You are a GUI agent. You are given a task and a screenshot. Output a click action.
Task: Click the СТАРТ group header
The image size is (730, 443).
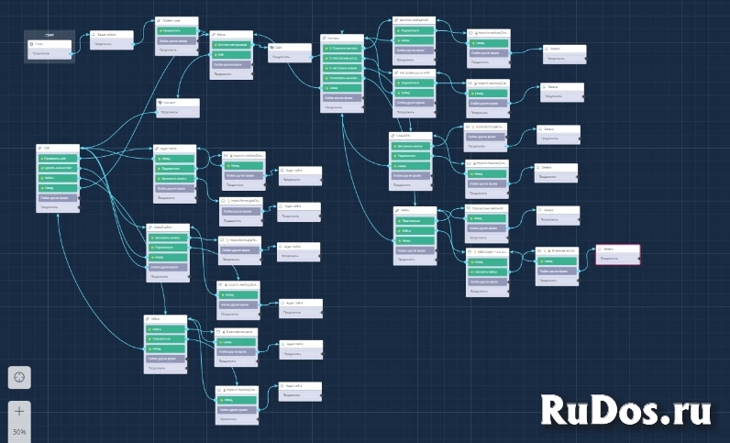(49, 34)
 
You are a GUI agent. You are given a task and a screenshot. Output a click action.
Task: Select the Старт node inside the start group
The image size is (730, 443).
(51, 43)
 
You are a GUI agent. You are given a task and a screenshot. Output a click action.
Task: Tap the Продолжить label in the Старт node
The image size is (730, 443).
(41, 53)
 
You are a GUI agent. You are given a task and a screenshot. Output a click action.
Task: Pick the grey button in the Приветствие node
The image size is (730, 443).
(175, 41)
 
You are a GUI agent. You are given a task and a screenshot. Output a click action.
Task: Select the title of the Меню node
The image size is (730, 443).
(231, 35)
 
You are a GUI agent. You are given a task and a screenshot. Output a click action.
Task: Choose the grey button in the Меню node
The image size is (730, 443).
(231, 65)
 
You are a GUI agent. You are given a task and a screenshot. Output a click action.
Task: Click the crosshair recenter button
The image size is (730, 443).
(20, 376)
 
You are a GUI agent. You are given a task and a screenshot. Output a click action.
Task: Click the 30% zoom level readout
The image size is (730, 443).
(19, 431)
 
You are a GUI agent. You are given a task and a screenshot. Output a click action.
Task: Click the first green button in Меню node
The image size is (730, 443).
(231, 45)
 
